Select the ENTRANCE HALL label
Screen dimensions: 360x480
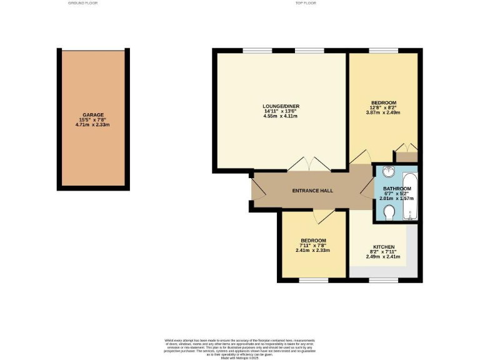click(x=313, y=191)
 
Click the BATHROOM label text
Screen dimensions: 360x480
click(x=397, y=189)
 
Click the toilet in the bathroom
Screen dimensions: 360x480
click(x=388, y=212)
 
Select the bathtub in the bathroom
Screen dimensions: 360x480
click(x=411, y=194)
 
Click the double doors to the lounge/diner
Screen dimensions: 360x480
click(x=308, y=164)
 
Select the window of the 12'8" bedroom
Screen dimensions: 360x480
click(x=382, y=51)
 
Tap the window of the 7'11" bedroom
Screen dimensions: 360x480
click(x=313, y=279)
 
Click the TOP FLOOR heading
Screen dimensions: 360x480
click(x=306, y=3)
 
